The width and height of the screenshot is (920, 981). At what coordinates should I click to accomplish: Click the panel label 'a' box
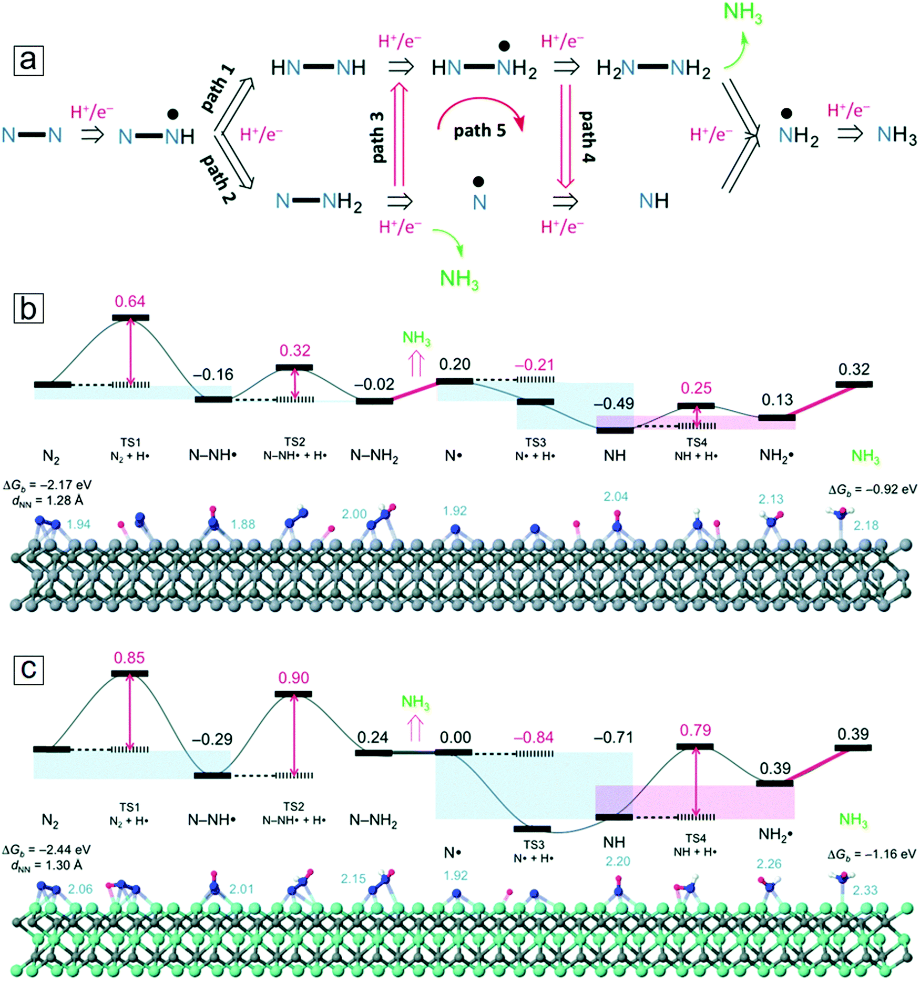(28, 60)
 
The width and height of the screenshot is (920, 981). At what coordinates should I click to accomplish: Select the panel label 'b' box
(28, 308)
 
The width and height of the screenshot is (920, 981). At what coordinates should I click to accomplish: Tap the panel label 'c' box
(28, 670)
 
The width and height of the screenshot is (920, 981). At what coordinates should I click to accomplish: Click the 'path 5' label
(479, 130)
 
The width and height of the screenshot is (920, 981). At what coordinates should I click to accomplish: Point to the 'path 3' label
(377, 137)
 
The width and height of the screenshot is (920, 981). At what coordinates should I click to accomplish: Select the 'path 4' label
(587, 137)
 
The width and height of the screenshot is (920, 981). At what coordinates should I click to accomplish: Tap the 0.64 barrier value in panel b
(130, 301)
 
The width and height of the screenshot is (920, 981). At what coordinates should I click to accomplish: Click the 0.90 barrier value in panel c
(293, 677)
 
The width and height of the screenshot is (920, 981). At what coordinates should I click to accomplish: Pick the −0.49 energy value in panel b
(614, 403)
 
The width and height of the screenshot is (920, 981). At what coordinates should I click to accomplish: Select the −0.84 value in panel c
(534, 737)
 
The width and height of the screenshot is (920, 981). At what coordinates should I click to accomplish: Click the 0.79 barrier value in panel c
(695, 730)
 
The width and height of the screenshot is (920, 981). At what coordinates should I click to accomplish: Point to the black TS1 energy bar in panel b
(130, 318)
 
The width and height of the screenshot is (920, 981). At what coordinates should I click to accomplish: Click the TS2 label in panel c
(294, 806)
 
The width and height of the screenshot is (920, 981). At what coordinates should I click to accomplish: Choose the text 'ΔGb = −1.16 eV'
(872, 854)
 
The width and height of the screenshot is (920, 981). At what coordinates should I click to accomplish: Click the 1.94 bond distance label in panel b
(79, 524)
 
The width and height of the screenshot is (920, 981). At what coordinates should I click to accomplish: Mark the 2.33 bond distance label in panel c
(865, 890)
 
